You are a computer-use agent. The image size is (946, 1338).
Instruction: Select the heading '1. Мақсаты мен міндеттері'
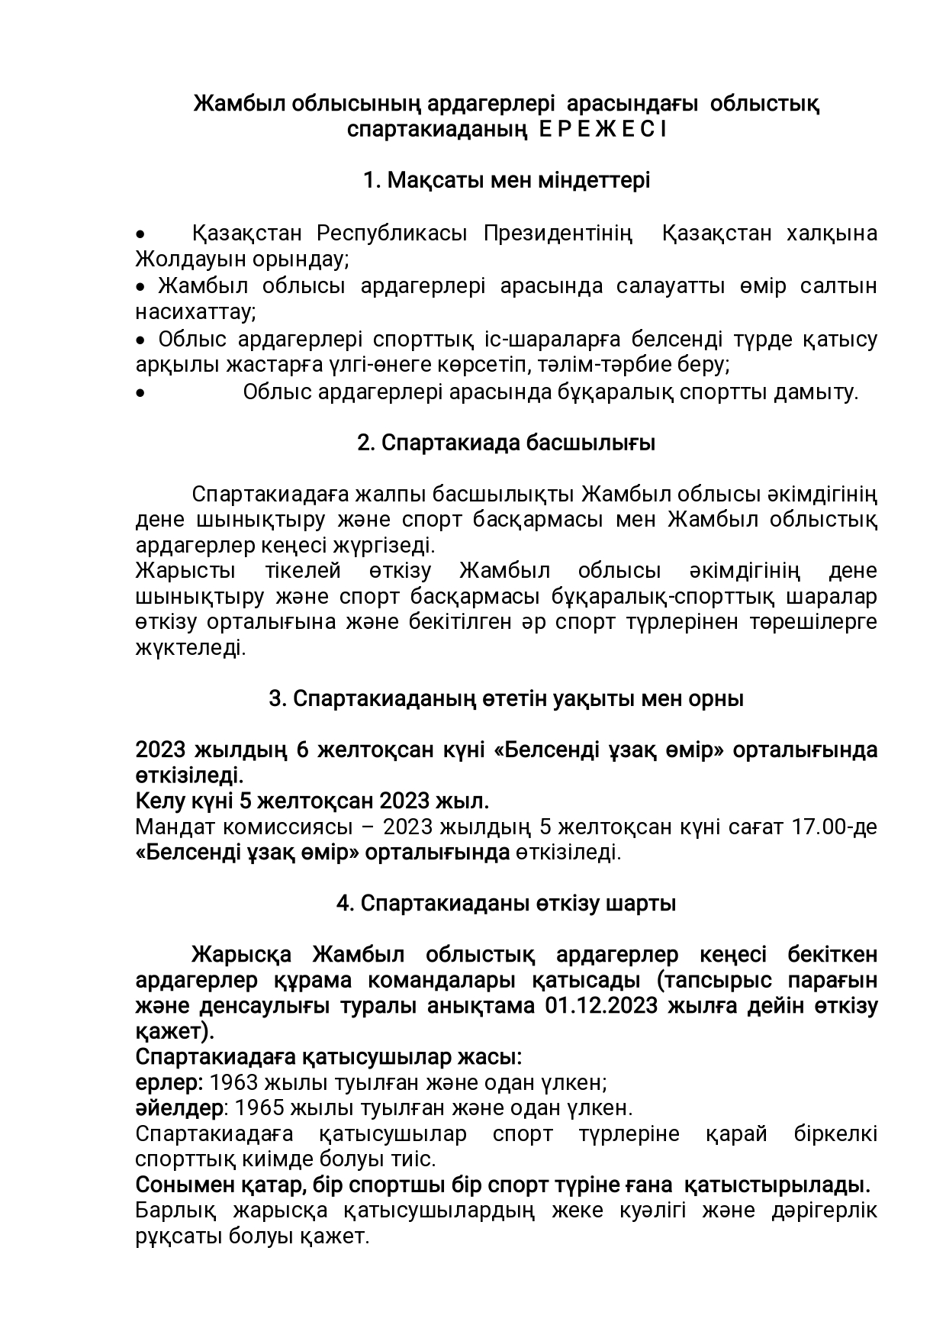[x=507, y=181]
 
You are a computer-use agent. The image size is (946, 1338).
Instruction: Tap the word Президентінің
[x=558, y=233]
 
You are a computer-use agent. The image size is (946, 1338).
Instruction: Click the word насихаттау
[x=194, y=312]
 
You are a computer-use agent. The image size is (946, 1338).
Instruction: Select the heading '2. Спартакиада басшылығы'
[x=507, y=443]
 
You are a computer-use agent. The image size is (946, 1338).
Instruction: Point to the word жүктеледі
[x=190, y=648]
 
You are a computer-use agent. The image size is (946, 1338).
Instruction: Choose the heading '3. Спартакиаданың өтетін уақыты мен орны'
[x=507, y=698]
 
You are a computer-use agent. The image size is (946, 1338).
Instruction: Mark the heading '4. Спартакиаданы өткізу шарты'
[x=507, y=904]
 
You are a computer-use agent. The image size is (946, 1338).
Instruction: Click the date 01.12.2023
[x=601, y=1006]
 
